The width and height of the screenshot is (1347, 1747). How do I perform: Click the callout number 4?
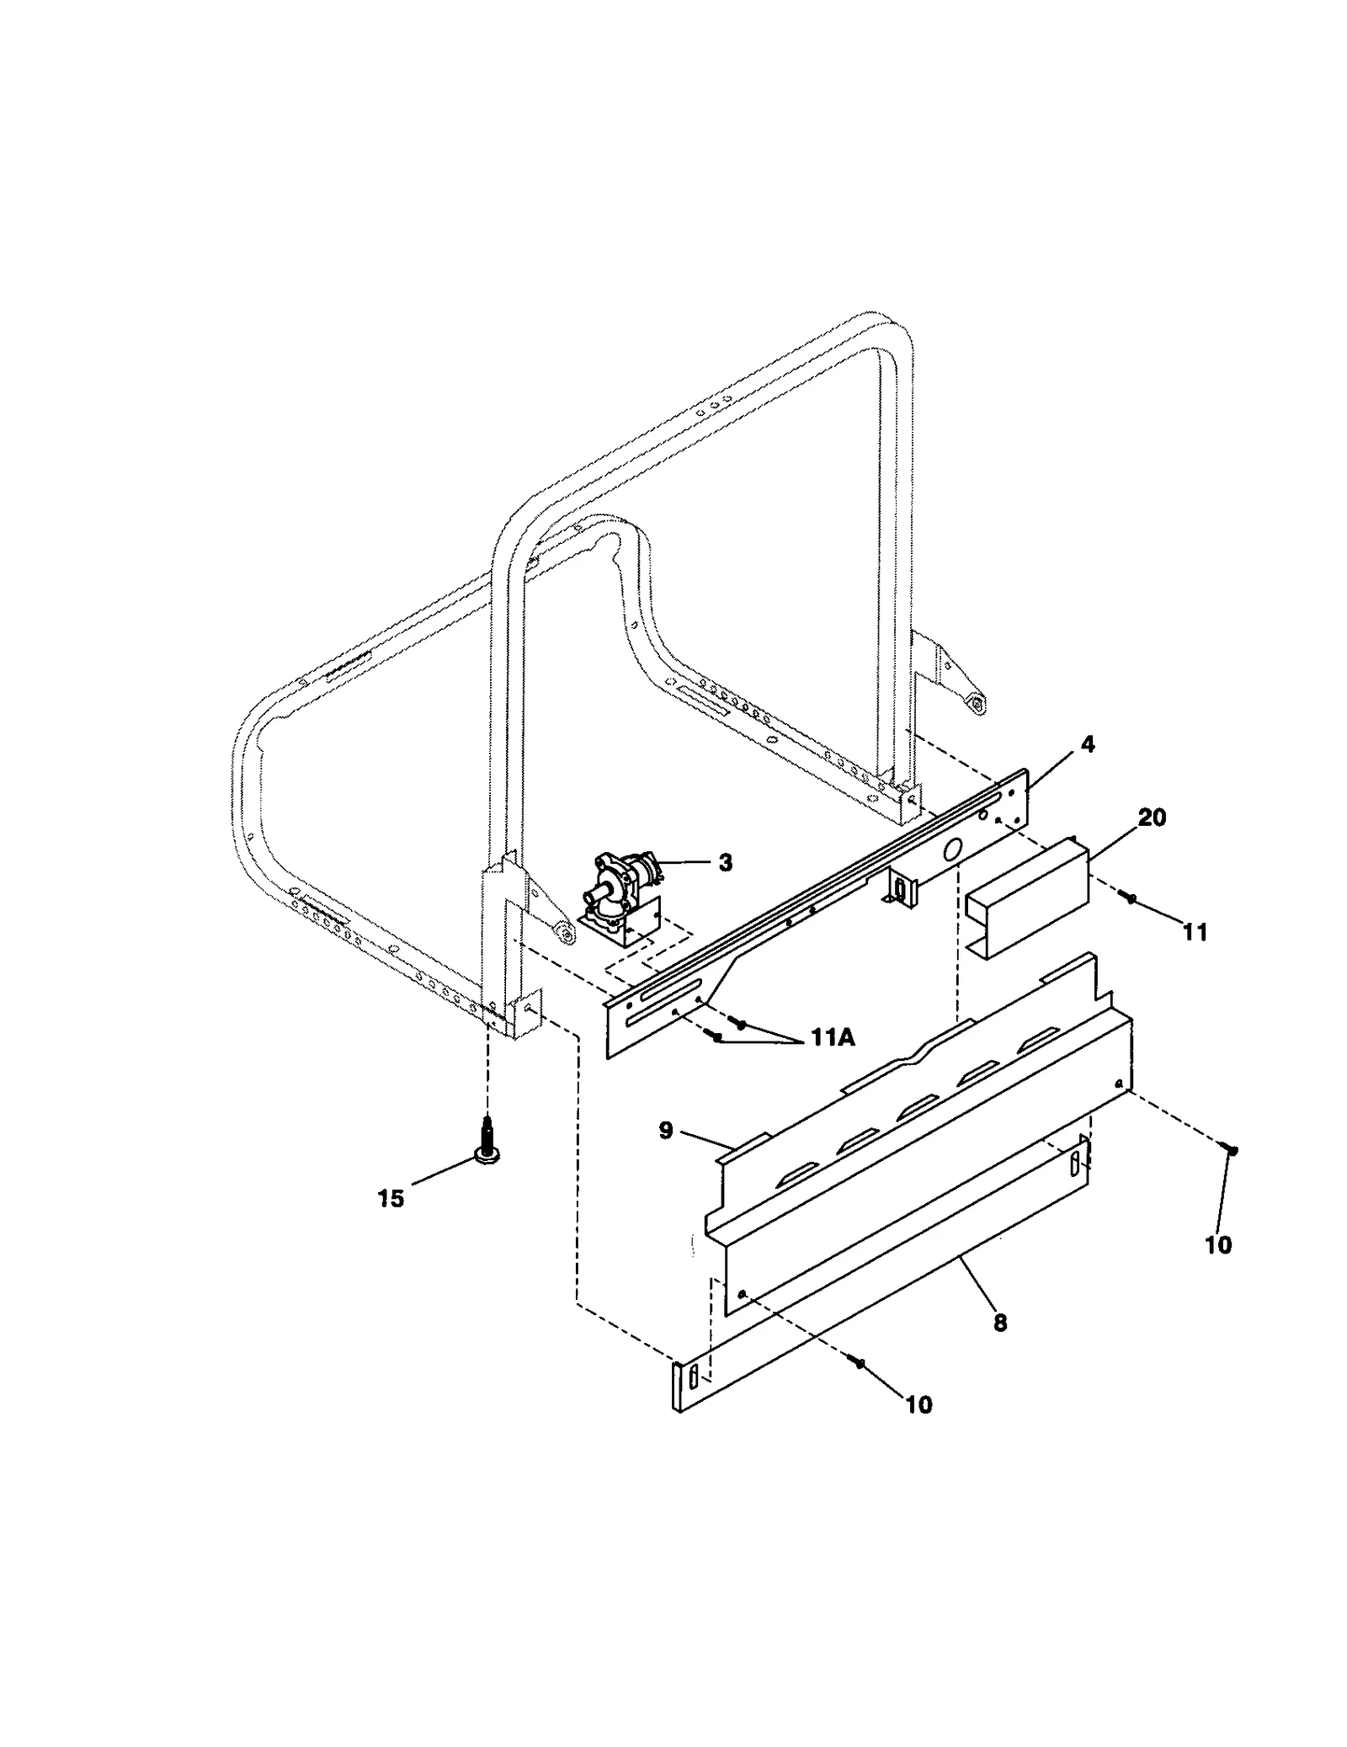click(x=1087, y=744)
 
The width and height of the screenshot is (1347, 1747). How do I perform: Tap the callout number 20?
click(x=1152, y=817)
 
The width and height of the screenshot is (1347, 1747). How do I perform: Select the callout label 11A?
click(x=833, y=1038)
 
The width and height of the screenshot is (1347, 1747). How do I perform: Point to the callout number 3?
click(x=725, y=862)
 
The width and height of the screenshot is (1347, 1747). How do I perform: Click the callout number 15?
click(x=391, y=1198)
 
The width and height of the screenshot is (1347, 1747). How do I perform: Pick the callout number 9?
click(x=665, y=1130)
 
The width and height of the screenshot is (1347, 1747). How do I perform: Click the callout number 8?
click(x=999, y=1323)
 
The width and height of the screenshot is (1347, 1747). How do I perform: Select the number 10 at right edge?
click(x=1218, y=1244)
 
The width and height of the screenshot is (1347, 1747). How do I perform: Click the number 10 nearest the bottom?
click(x=918, y=1404)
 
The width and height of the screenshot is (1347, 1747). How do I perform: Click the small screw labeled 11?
click(x=1131, y=899)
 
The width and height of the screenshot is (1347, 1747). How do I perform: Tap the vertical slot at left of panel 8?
click(x=692, y=1377)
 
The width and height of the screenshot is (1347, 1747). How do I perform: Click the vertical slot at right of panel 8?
click(x=1075, y=1165)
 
